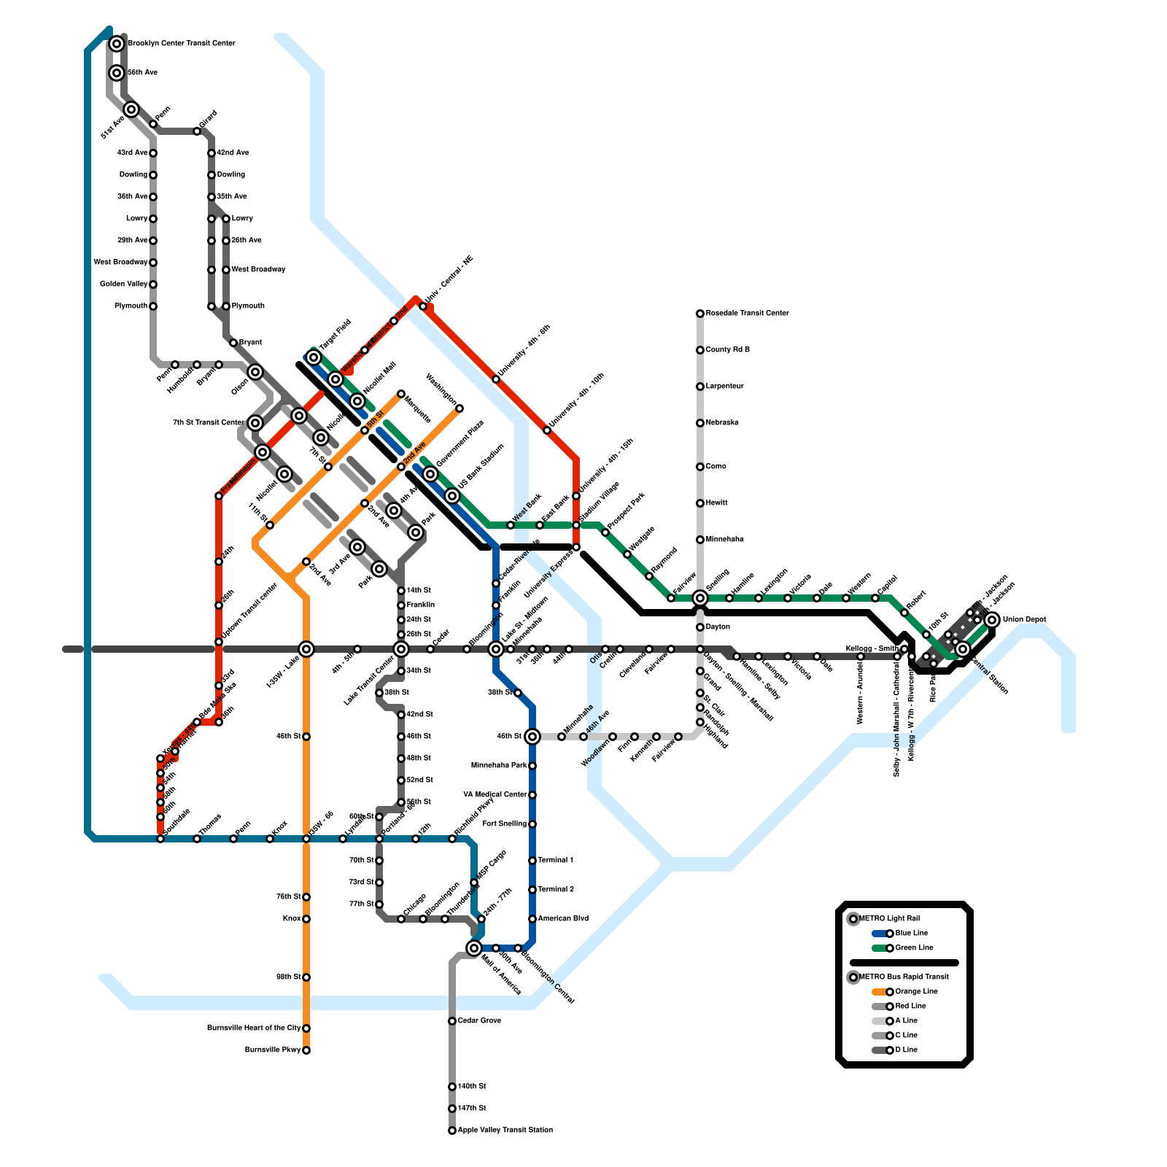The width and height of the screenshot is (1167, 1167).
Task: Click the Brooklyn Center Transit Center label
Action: [x=181, y=44]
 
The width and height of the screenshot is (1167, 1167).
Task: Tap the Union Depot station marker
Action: [x=992, y=620]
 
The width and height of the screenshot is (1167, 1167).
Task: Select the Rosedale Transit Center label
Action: [x=747, y=314]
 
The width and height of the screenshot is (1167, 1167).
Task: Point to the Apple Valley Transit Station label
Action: [x=505, y=1131]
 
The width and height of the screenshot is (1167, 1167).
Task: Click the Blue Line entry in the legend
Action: [x=911, y=934]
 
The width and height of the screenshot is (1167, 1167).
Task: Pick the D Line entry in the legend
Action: [x=906, y=1050]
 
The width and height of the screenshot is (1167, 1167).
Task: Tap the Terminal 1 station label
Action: [x=555, y=861]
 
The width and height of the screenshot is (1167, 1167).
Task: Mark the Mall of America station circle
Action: [x=474, y=948]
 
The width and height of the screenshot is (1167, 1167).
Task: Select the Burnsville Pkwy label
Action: [x=272, y=1050]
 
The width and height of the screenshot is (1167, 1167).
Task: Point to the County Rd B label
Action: [x=727, y=350]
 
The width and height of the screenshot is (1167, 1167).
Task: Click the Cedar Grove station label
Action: [x=479, y=1021]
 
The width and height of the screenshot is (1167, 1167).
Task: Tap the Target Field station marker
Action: [x=314, y=357]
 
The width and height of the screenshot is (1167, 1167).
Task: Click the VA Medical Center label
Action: [x=495, y=795]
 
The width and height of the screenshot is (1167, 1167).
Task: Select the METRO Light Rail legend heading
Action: [x=889, y=919]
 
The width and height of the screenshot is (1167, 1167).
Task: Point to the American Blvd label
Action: [x=562, y=919]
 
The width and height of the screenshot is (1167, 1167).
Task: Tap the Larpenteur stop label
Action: [x=724, y=387]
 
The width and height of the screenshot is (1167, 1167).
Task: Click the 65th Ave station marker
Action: [x=117, y=73]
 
